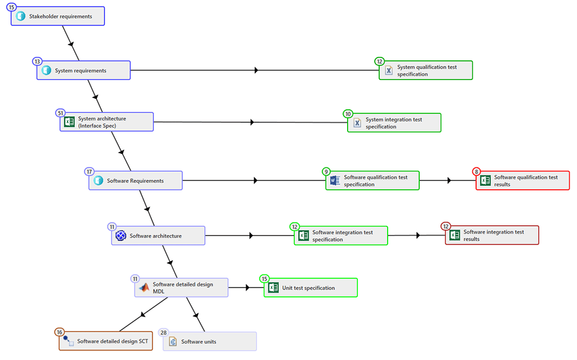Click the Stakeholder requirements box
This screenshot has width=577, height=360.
(57, 16)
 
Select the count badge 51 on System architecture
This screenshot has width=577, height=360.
(60, 113)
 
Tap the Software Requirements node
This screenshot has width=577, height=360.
(135, 181)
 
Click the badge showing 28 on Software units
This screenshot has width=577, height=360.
(163, 333)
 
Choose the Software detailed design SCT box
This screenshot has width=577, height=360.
(105, 341)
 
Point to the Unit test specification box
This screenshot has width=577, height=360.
(310, 288)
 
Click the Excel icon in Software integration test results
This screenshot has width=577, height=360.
(455, 235)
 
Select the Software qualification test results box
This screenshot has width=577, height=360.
(522, 181)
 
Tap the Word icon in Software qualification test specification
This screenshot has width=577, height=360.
(335, 181)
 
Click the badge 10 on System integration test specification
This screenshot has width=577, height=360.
(348, 114)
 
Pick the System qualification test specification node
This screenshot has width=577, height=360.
(425, 70)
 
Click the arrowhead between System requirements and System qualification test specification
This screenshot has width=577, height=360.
(256, 70)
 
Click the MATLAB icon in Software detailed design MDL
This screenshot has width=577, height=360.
(144, 288)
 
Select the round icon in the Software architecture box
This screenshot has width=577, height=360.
(121, 236)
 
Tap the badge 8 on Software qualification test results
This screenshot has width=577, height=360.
(477, 172)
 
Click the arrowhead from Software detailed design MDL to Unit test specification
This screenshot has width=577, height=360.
(247, 288)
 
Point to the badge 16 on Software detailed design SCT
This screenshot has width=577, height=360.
(60, 332)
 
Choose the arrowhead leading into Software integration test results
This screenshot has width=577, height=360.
(418, 235)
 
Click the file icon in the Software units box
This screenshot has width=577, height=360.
(173, 341)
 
